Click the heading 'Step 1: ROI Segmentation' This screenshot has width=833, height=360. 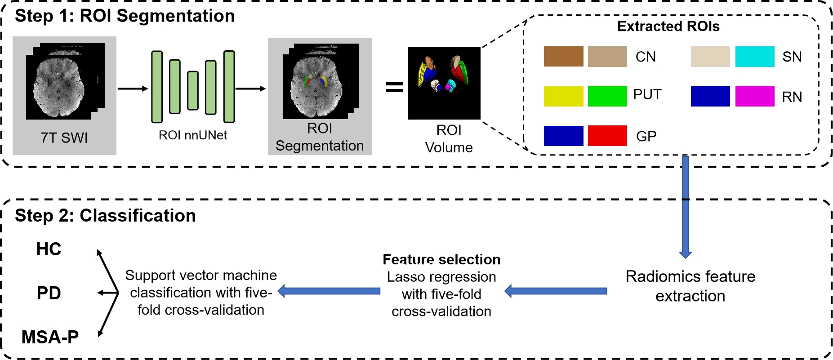point(125,16)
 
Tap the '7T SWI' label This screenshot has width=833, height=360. point(64,138)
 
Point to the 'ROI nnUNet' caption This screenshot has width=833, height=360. point(192,135)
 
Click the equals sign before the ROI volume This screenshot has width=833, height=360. point(394,87)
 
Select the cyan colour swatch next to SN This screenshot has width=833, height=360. point(754,57)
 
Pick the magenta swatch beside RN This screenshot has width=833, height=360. point(754,96)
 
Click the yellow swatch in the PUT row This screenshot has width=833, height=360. point(563,96)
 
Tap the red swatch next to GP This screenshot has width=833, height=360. point(607,136)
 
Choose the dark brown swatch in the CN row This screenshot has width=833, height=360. point(563,57)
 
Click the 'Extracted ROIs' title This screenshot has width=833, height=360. point(668,27)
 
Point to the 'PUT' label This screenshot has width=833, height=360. point(647,95)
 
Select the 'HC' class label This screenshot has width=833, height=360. point(49,249)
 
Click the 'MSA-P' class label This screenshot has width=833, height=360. point(50,337)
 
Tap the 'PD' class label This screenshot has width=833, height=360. point(49,293)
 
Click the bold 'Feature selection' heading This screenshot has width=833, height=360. point(441,259)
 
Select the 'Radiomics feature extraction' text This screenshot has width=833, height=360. point(690,286)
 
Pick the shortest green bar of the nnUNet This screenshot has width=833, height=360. point(193,90)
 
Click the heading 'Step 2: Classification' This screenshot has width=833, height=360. point(105,216)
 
